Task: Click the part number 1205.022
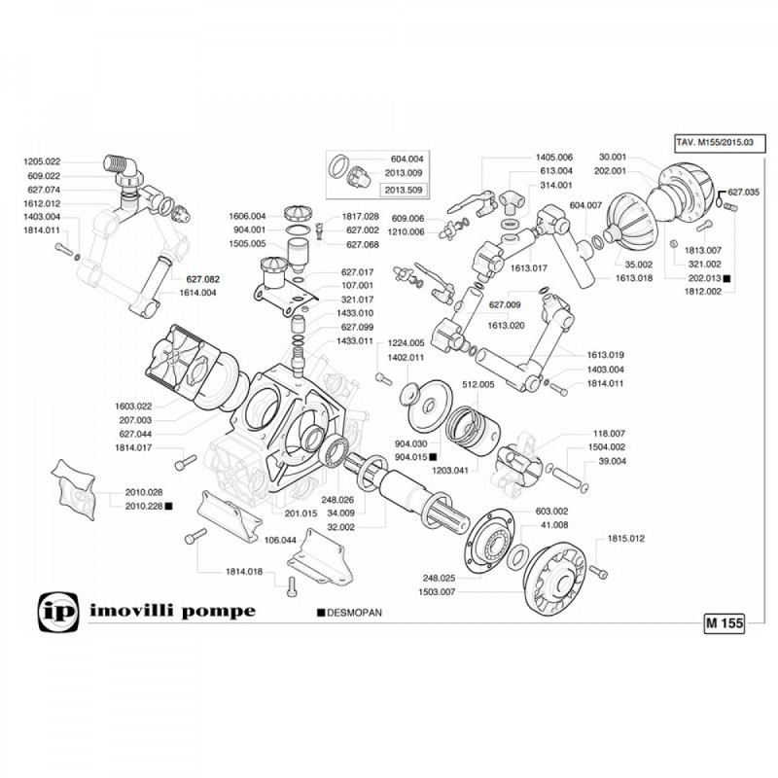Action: pos(41,161)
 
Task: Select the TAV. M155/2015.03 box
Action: pos(713,142)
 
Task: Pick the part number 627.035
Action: pos(743,193)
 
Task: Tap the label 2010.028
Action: pos(144,493)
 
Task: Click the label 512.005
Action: pos(478,384)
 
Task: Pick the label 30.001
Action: pos(613,156)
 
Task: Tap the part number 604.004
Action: pos(408,159)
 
